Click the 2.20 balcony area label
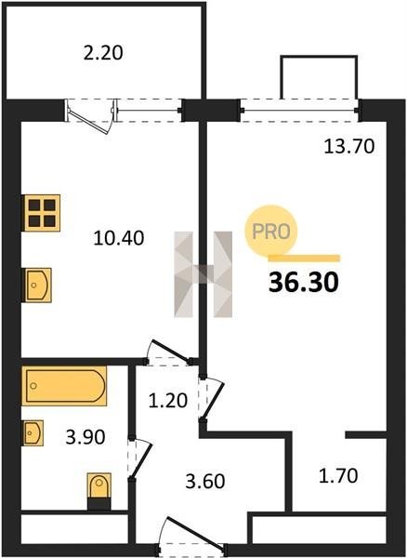[103, 53]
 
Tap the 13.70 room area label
[349, 146]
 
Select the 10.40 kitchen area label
[119, 238]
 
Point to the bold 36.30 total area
[304, 282]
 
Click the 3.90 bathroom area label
[85, 437]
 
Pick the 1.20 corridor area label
[168, 400]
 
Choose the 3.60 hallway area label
[205, 481]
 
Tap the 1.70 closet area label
[338, 476]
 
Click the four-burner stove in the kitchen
[41, 213]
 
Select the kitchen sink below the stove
[38, 286]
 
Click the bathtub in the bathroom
[64, 386]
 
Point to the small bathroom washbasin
[33, 432]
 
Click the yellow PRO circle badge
[270, 231]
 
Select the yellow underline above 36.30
[304, 259]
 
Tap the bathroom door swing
[141, 458]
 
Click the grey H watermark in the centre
[203, 274]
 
